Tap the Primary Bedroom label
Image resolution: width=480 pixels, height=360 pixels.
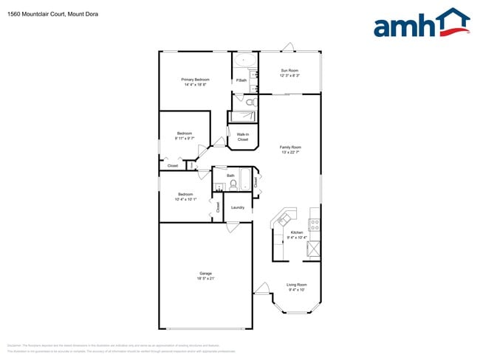pyautogui.click(x=196, y=80)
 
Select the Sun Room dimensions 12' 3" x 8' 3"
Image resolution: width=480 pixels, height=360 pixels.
pyautogui.click(x=289, y=75)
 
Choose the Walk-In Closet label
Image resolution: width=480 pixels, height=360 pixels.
pyautogui.click(x=242, y=136)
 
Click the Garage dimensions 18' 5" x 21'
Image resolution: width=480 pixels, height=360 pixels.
pyautogui.click(x=205, y=279)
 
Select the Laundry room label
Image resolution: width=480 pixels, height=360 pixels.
pyautogui.click(x=238, y=207)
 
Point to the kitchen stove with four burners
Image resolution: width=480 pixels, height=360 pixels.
pyautogui.click(x=314, y=221)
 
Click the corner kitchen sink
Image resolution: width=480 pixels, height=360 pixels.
pyautogui.click(x=284, y=218)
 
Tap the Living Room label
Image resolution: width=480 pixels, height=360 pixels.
pyautogui.click(x=297, y=285)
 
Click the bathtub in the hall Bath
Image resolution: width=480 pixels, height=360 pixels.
pyautogui.click(x=246, y=181)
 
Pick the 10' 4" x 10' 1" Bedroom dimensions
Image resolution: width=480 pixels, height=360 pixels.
pyautogui.click(x=185, y=198)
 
